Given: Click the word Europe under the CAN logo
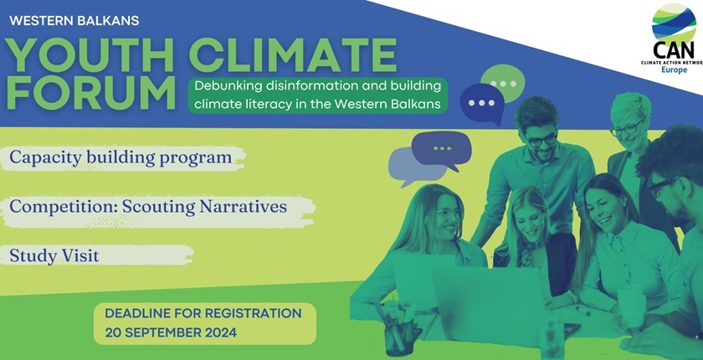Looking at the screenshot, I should (674, 69).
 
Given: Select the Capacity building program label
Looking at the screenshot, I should (121, 157).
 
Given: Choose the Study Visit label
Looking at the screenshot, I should (54, 255).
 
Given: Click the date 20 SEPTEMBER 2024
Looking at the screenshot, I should (171, 332).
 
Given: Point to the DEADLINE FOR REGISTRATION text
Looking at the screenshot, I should (203, 313).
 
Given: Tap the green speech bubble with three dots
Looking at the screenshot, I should (503, 85).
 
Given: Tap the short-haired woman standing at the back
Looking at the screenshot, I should (629, 126).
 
